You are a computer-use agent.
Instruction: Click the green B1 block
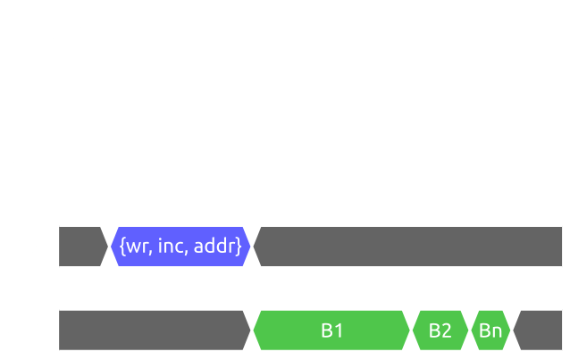[331, 331]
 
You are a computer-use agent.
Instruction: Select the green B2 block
[440, 331]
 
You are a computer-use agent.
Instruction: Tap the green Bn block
[490, 331]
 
